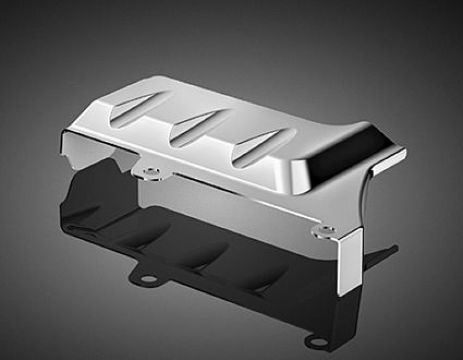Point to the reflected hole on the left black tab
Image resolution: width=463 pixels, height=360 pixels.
click(148, 279)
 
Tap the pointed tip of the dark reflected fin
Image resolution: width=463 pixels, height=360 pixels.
click(396, 249)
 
